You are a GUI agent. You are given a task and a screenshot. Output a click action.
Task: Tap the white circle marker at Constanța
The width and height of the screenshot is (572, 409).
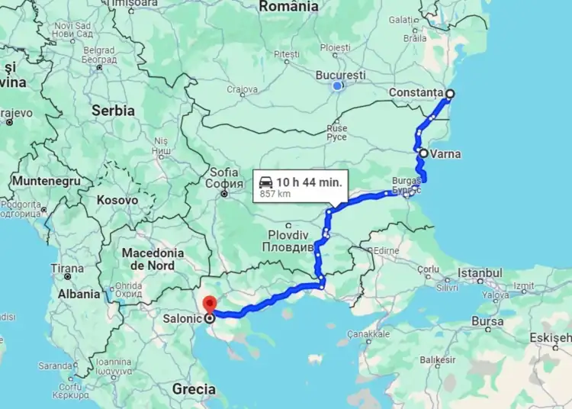[x=449, y=94]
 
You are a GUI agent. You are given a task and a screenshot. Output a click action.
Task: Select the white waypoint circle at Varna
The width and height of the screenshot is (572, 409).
[x=423, y=153]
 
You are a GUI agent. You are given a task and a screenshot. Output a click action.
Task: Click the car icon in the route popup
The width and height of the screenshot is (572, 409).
[x=265, y=182]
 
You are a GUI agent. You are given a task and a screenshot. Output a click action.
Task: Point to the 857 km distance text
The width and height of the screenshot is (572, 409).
[x=275, y=194]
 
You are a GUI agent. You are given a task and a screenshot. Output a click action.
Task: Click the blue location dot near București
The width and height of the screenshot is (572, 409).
[x=337, y=86]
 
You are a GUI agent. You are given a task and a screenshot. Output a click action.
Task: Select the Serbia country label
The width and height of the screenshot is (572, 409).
[x=113, y=111]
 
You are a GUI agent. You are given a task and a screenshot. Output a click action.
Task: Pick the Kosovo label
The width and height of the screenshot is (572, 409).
[x=117, y=200]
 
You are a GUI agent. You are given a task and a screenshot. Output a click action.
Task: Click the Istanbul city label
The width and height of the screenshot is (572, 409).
[x=480, y=273]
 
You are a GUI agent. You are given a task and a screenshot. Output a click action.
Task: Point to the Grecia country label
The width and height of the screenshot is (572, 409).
[x=194, y=389]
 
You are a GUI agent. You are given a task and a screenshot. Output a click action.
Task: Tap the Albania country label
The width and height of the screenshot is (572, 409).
[x=79, y=294]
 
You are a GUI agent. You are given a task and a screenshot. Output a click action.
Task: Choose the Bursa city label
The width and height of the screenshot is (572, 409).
[x=487, y=322]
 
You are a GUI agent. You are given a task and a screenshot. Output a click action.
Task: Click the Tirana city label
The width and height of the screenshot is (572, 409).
[x=67, y=269]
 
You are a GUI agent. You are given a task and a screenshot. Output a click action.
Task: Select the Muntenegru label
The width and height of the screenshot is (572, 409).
[x=46, y=182]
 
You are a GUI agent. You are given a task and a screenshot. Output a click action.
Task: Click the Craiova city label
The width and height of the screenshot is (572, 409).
[x=242, y=89]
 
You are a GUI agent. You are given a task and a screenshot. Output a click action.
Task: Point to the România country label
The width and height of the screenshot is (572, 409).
[x=289, y=7]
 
